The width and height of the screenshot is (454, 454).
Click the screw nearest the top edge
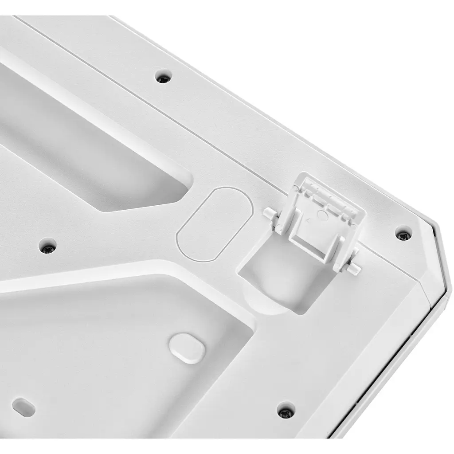[164, 78]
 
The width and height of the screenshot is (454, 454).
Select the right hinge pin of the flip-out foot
[355, 268]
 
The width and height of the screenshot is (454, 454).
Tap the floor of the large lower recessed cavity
[111, 355]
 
